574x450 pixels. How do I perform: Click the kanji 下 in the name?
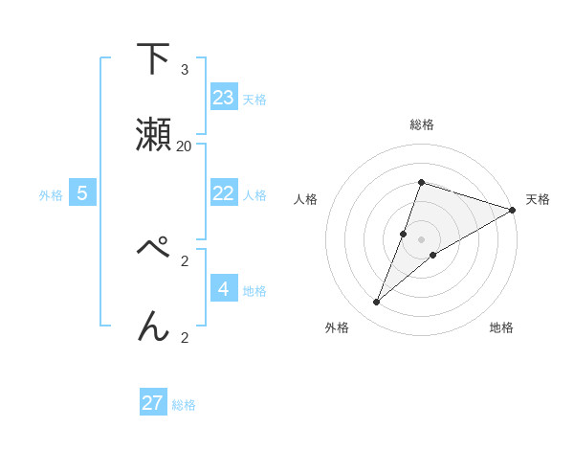(153, 60)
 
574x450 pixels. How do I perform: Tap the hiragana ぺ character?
(153, 251)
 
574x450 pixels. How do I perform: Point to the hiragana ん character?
(153, 326)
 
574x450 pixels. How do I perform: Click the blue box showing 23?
(224, 97)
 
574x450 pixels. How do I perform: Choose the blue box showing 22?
(224, 192)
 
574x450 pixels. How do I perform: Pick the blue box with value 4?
(224, 287)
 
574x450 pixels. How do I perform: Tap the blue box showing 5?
(82, 192)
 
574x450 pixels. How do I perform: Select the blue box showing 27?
(153, 402)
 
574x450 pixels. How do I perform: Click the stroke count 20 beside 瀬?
(185, 146)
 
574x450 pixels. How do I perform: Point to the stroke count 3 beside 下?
(185, 70)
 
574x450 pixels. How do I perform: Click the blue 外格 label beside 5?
(51, 194)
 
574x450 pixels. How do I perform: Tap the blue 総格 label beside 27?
(184, 404)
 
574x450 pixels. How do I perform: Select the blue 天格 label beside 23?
(254, 99)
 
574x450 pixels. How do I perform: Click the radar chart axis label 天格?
(538, 199)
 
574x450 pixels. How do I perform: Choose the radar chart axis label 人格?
(306, 199)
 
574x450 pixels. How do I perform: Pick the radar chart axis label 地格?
(501, 327)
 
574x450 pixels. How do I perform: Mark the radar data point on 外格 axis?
(377, 303)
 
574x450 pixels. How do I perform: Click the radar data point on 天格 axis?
(513, 210)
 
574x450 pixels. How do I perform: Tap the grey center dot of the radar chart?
(421, 238)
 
